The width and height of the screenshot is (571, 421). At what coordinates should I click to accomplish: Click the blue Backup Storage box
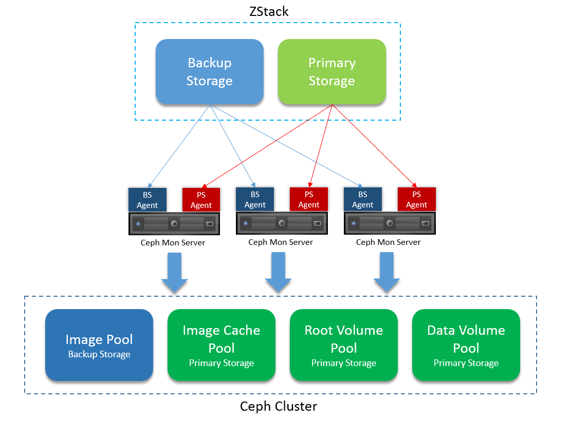coord(209,72)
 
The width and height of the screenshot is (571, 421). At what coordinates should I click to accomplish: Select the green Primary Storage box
coord(331,72)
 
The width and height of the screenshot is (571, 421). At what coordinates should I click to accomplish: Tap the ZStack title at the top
coord(269,11)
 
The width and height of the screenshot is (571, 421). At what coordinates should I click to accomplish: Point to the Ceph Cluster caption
coord(279,406)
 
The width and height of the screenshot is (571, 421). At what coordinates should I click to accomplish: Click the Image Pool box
coord(99,345)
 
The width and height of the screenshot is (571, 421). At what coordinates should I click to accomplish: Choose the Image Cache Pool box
coord(222,345)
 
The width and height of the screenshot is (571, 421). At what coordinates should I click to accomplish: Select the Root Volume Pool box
coord(344,345)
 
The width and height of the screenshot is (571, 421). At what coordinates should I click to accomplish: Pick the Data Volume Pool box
coord(466,345)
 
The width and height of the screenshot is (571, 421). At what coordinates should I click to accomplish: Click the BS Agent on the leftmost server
coord(148,200)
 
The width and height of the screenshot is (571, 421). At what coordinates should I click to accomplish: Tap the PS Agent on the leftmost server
coord(201,200)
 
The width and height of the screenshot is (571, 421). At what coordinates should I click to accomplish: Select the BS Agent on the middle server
coord(255,199)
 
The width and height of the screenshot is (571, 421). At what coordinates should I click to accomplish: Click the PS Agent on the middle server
coord(309,199)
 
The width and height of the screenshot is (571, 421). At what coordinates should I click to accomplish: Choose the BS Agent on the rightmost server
coord(363,199)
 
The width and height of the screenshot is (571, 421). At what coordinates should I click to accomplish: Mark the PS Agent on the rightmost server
coord(417,199)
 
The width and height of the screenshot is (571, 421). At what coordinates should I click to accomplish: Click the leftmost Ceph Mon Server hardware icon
coord(174,223)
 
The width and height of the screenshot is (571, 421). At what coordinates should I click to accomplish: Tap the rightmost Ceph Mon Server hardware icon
coord(390,223)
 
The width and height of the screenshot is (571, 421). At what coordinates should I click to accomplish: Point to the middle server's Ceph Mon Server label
coord(281,242)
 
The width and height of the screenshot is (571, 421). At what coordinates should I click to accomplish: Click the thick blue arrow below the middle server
coord(278,272)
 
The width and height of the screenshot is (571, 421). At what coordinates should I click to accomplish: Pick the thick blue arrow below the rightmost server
coord(386,272)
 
